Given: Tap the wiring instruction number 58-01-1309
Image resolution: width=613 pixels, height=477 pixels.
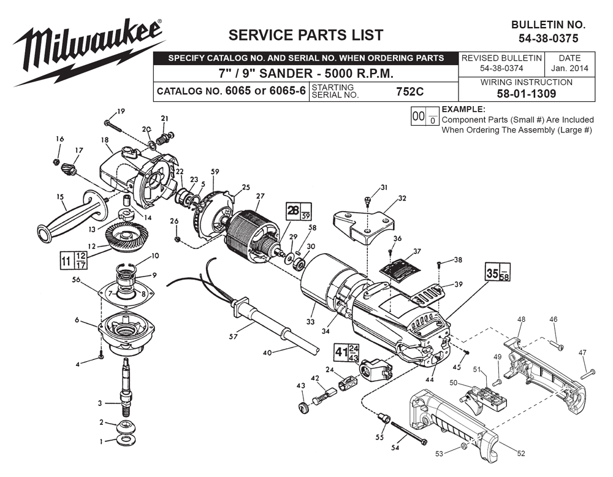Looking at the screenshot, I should pyautogui.click(x=527, y=94).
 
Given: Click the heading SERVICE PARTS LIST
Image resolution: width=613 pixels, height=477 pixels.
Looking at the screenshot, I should pyautogui.click(x=305, y=34).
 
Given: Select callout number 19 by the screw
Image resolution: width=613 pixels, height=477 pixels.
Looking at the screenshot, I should pyautogui.click(x=120, y=111).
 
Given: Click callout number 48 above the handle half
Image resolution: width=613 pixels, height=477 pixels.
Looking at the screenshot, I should pyautogui.click(x=521, y=319).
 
